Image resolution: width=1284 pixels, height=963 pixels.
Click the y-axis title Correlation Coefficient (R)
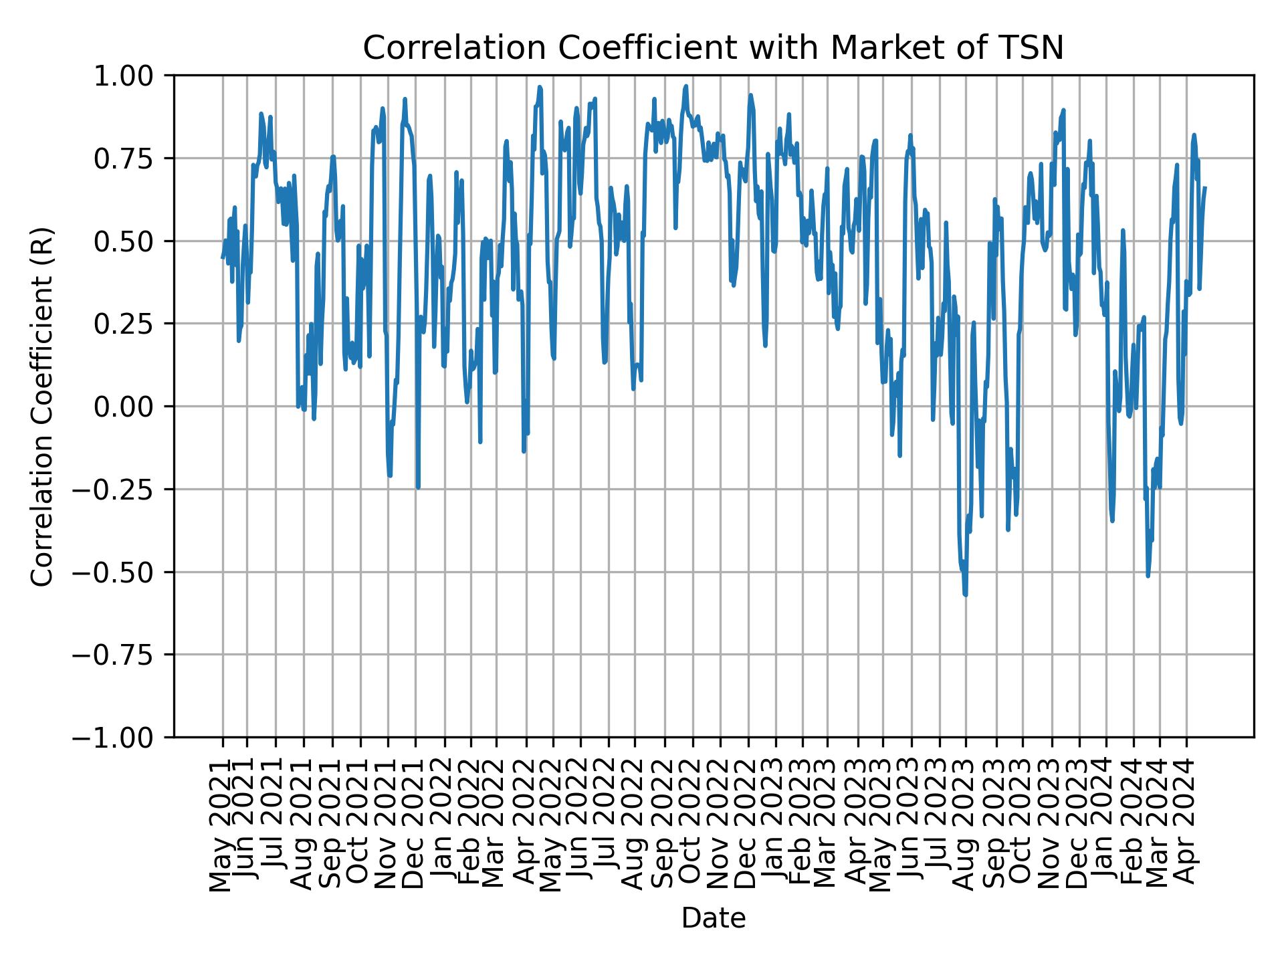point(41,406)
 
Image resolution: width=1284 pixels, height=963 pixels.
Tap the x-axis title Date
point(713,918)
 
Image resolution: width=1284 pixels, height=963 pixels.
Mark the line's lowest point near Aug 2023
point(966,595)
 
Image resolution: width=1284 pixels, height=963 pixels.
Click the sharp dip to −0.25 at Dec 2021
point(418,488)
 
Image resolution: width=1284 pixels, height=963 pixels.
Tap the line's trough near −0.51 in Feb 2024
point(1148,576)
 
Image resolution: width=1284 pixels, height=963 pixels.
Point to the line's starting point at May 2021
point(223,257)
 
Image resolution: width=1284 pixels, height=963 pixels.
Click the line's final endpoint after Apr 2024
point(1205,188)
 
